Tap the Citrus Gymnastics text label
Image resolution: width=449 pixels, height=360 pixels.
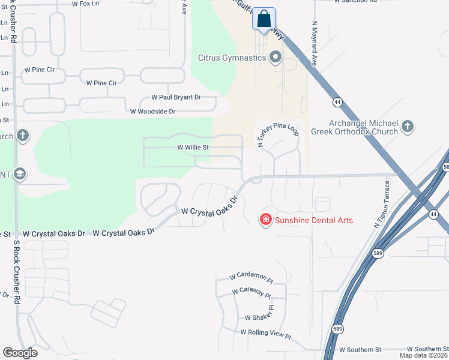tap(232, 58)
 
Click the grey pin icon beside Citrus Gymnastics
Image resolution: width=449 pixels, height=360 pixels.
tap(276, 58)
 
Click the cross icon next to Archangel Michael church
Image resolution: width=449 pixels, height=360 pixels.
tap(408, 126)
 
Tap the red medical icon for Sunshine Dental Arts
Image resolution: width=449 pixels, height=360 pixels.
tap(265, 220)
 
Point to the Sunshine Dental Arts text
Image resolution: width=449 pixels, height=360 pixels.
tap(314, 220)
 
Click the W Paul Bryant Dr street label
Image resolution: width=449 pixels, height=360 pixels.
tap(176, 97)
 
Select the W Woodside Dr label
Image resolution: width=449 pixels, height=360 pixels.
tap(152, 111)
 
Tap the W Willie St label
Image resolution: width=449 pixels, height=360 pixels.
tap(193, 147)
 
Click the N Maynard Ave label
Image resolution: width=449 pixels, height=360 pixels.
tap(314, 44)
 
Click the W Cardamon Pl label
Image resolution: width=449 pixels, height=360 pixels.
tap(251, 278)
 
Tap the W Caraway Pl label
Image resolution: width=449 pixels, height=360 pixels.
tap(252, 293)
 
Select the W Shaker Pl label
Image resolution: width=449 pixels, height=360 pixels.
tap(259, 318)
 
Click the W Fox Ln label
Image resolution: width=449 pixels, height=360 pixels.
tap(84, 4)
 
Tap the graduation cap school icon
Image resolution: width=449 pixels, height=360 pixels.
tap(19, 174)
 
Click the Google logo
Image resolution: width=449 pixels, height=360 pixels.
tap(20, 353)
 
